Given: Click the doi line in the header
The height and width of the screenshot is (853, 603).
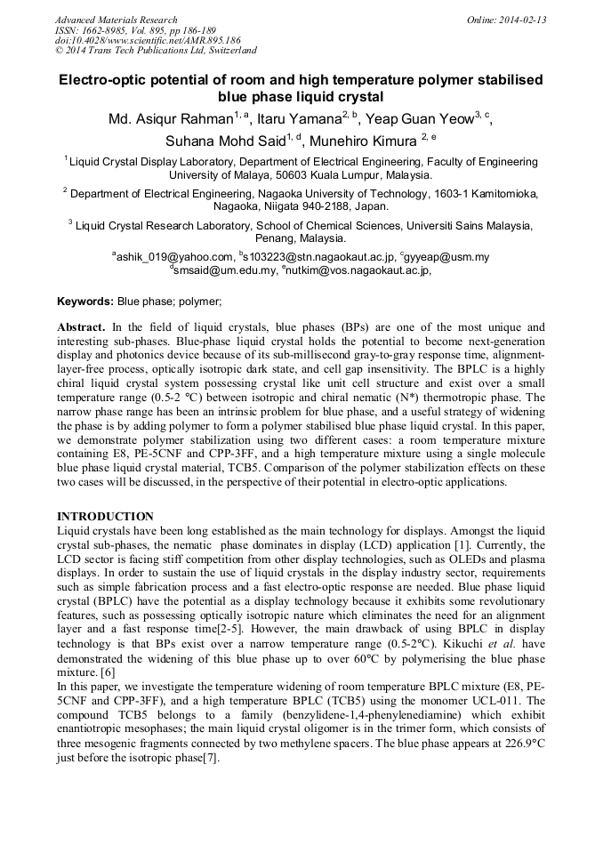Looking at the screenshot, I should click(148, 41).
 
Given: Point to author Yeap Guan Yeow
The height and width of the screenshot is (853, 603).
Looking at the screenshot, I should click(420, 119).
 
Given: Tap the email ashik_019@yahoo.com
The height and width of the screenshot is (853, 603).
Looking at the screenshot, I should click(174, 258).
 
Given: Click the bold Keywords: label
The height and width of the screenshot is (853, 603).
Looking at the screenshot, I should click(85, 302).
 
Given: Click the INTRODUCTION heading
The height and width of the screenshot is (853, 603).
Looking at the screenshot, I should click(105, 517).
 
